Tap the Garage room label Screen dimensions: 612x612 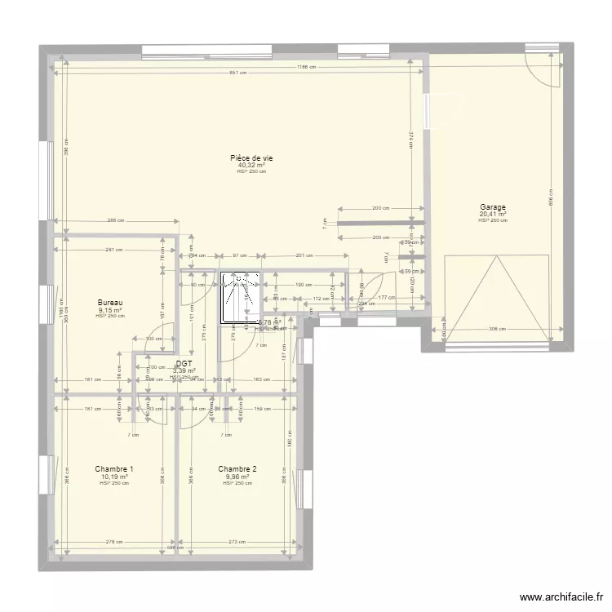pyautogui.click(x=493, y=207)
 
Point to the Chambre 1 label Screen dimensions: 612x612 pyautogui.click(x=113, y=469)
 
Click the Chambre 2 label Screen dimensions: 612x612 pyautogui.click(x=237, y=469)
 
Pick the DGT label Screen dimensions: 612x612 pyautogui.click(x=184, y=362)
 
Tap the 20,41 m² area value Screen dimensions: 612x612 pyautogui.click(x=493, y=215)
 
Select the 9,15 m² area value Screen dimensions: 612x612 pyautogui.click(x=109, y=310)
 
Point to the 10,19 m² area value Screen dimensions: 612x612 pyautogui.click(x=113, y=477)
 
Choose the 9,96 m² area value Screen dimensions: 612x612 pyautogui.click(x=237, y=477)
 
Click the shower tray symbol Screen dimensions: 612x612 pyautogui.click(x=239, y=298)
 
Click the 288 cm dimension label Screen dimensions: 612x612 pyautogui.click(x=115, y=220)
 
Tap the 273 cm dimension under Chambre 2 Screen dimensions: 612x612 pyautogui.click(x=236, y=542)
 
